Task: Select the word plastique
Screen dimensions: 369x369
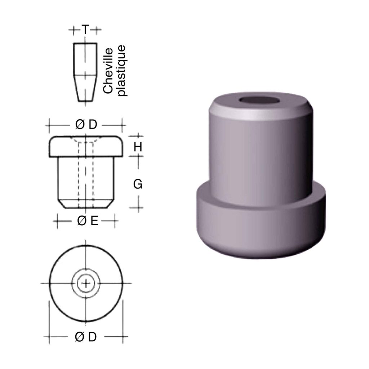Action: pos(122,71)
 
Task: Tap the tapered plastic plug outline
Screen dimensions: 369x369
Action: pos(85,72)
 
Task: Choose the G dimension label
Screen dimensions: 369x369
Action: pos(138,184)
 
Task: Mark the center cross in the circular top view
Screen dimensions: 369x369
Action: pos(85,284)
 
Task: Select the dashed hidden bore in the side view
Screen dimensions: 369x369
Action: pos(86,173)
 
